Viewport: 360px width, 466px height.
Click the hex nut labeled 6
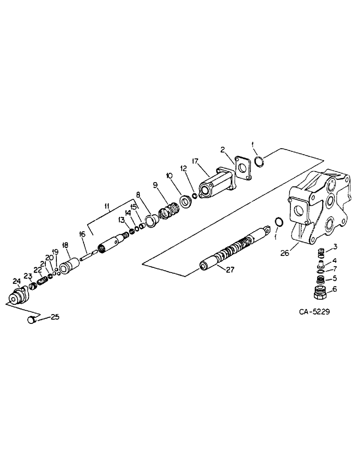(320, 293)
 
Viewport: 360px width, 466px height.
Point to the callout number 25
(55, 317)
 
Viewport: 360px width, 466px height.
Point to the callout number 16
(82, 234)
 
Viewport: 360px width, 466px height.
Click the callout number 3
(335, 246)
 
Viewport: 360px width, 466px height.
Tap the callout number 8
(138, 195)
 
